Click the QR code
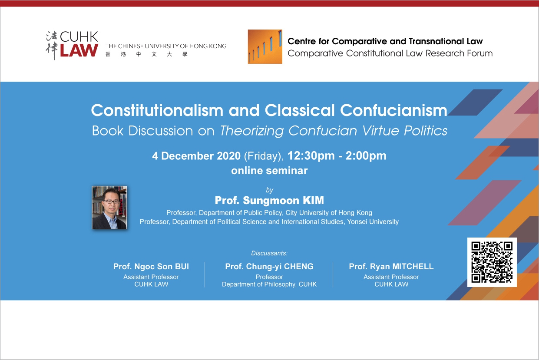(492, 262)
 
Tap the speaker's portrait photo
(109, 208)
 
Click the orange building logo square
(265, 47)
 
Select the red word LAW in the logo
(79, 50)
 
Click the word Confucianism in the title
(394, 110)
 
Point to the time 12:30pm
(311, 156)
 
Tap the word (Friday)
(264, 156)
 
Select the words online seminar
(269, 171)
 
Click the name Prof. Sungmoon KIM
(269, 200)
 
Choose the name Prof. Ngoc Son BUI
(151, 266)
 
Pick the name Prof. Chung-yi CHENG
(269, 266)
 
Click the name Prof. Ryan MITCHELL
(391, 266)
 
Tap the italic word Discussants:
(269, 253)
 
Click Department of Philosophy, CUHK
(269, 284)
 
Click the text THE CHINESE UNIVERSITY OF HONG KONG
(166, 46)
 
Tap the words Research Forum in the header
(459, 53)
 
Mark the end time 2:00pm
(366, 156)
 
